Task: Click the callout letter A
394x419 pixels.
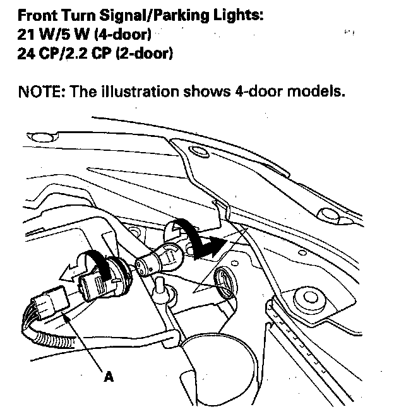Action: tap(109, 377)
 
